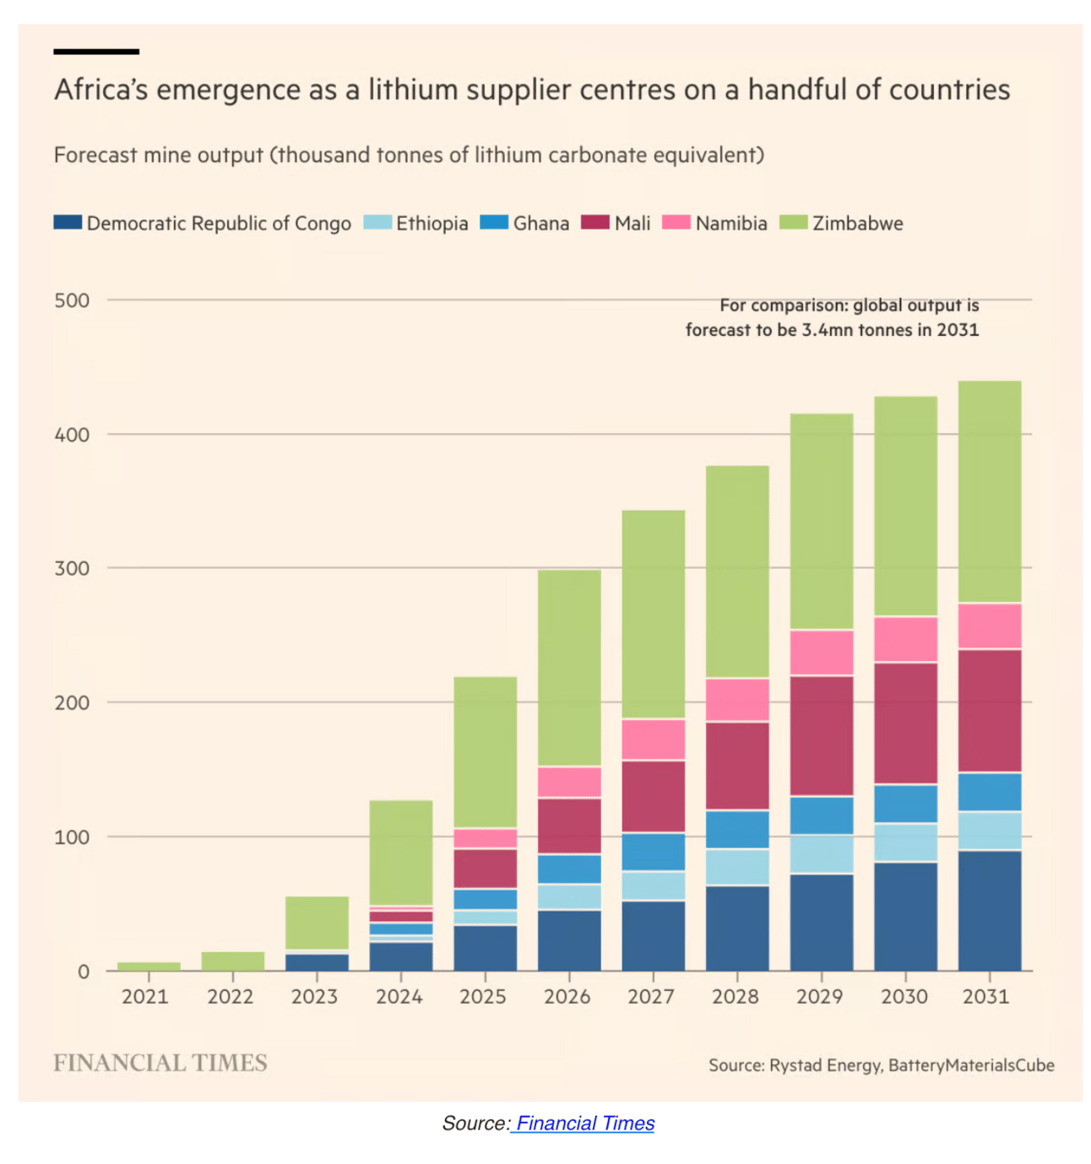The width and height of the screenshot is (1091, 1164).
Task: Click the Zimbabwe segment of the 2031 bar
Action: (989, 491)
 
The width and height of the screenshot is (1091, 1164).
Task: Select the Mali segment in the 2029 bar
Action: (821, 735)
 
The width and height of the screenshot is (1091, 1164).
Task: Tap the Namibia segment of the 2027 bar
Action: (653, 739)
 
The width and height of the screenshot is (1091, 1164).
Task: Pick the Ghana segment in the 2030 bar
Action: (905, 804)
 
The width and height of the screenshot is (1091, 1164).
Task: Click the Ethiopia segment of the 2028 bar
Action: (737, 867)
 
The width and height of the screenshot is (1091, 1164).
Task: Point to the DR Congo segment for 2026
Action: (569, 940)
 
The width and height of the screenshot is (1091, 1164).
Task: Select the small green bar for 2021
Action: (149, 966)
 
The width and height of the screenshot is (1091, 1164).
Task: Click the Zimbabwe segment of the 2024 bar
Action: (401, 853)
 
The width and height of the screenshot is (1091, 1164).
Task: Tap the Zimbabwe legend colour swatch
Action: (793, 223)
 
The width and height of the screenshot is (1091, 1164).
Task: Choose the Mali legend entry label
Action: (632, 224)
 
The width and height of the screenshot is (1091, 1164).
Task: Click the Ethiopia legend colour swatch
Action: (377, 223)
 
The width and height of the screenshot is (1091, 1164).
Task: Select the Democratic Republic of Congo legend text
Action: (219, 224)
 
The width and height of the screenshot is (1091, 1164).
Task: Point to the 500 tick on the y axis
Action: (72, 300)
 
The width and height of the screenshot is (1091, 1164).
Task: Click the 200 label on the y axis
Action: (72, 703)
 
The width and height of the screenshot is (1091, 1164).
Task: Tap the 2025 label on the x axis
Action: (483, 997)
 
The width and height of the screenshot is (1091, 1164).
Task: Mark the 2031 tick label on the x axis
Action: (986, 997)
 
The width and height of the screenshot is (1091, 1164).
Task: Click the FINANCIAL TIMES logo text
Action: (160, 1063)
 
